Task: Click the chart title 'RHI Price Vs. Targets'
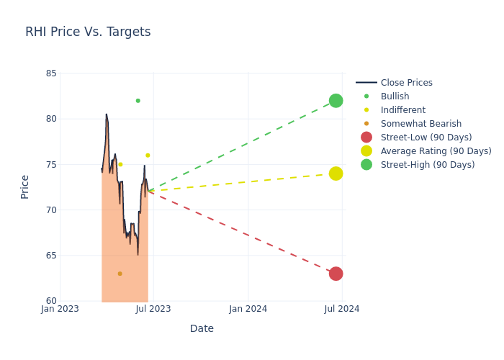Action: (x=88, y=32)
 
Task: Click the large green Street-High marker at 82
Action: (x=336, y=100)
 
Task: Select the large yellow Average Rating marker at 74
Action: (x=336, y=174)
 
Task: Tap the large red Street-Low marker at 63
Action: (x=336, y=274)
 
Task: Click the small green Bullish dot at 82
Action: (x=138, y=101)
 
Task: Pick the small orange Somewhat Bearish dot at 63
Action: (x=120, y=274)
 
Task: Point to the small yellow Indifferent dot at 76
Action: (x=148, y=156)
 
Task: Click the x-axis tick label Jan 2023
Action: (x=60, y=309)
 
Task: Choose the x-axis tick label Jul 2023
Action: (x=153, y=309)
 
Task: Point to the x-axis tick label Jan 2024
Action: (x=248, y=309)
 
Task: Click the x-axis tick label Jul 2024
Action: (x=342, y=309)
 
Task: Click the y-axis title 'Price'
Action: (x=25, y=186)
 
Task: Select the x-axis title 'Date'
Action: (x=202, y=328)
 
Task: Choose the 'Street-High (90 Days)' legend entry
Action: (x=428, y=165)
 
